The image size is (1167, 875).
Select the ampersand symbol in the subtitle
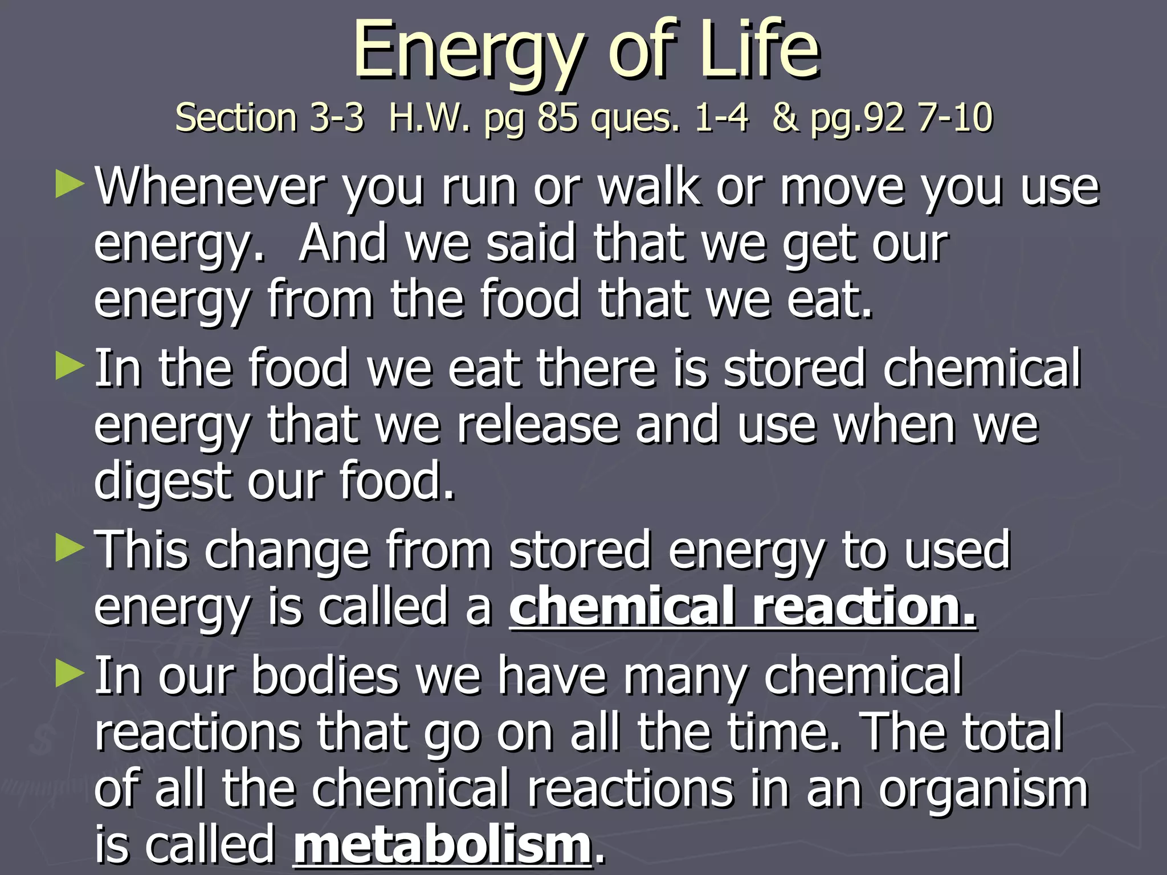point(786,118)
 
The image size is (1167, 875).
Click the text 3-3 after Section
point(337,118)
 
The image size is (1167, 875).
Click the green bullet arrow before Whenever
point(70,186)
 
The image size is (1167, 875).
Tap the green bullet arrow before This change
point(70,550)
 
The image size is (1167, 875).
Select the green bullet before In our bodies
point(70,674)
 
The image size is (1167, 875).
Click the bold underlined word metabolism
point(442,845)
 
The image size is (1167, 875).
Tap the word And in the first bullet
point(342,243)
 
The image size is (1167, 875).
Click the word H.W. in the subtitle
point(430,118)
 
